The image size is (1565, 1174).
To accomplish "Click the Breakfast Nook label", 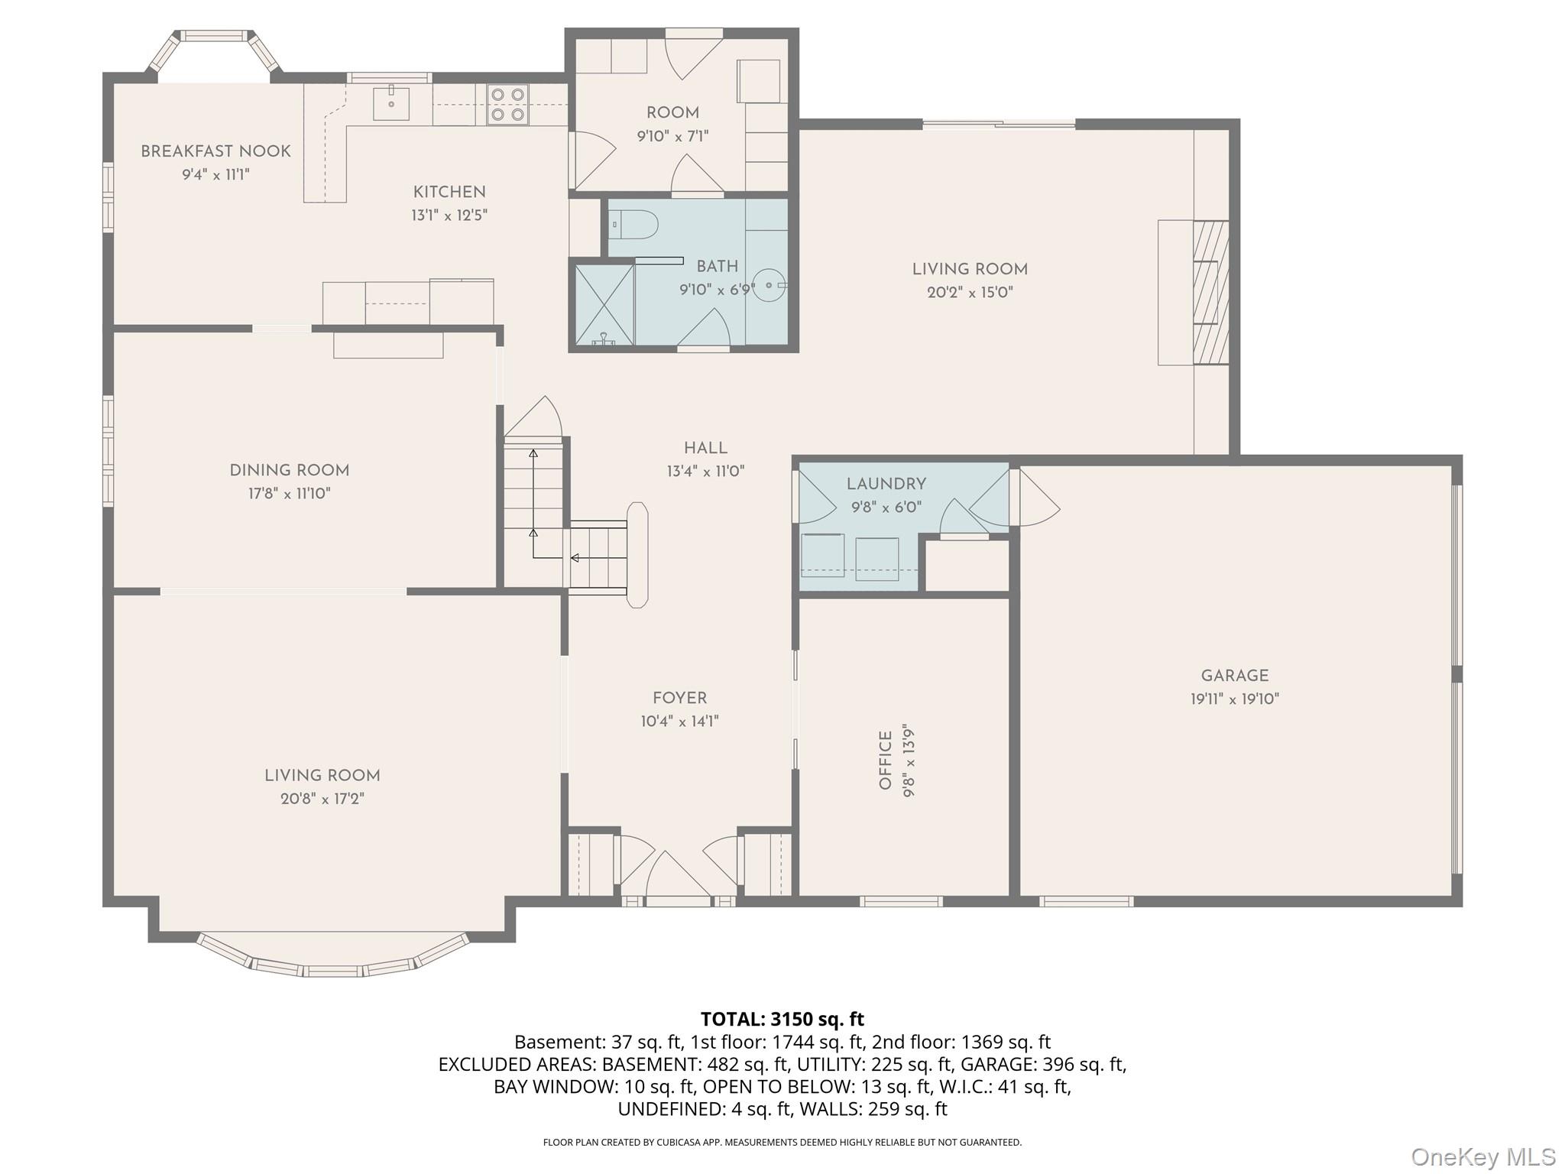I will coord(215,151).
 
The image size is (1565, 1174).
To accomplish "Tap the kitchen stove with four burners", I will coord(508,105).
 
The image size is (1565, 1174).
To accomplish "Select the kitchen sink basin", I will coord(390,104).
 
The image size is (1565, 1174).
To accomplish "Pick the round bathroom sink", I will coord(769,284).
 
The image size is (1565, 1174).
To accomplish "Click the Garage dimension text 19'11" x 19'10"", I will coord(1234,699).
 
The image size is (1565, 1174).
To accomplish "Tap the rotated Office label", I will coord(886,760).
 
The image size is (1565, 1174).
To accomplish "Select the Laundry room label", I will coord(886,484).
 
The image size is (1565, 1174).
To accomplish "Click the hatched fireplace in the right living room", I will coord(1210,293).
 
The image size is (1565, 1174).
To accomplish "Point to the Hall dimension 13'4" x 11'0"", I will coord(705,472).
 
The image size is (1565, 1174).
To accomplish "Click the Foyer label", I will coord(679,698).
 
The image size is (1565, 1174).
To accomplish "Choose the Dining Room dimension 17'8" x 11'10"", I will coord(289,494).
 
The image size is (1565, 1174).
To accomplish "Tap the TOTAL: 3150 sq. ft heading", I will coord(782,1019).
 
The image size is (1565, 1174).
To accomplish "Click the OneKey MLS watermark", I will coord(1482,1156).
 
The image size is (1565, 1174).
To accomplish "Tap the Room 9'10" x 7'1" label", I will coord(672,113).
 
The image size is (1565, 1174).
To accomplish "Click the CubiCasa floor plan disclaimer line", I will coord(782,1143).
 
